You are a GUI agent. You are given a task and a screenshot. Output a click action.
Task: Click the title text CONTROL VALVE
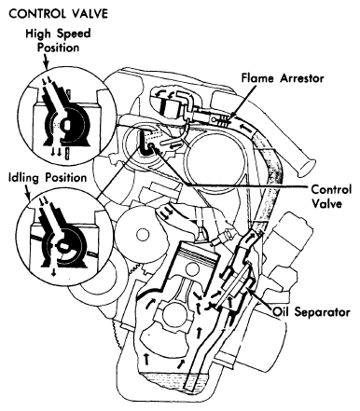click(x=59, y=13)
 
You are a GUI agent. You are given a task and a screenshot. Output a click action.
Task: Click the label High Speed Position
click(x=58, y=40)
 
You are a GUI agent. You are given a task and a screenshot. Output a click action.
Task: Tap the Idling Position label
click(x=48, y=178)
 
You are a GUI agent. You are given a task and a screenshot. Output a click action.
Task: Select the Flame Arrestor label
click(x=283, y=78)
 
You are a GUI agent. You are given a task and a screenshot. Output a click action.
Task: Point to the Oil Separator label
click(x=312, y=311)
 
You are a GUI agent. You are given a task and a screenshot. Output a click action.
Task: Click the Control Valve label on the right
click(x=331, y=197)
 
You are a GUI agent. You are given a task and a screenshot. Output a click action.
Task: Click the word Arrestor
click(x=302, y=78)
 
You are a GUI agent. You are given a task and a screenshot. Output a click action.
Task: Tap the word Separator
click(x=323, y=311)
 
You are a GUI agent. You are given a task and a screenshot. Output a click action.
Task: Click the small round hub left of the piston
click(x=144, y=233)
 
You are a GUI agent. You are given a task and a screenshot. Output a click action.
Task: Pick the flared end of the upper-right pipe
click(x=306, y=167)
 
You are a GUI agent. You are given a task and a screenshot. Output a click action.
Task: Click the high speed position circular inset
click(x=67, y=114)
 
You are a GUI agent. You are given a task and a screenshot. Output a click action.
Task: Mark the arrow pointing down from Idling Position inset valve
click(x=54, y=272)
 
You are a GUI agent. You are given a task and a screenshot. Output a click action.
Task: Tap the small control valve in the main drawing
click(x=151, y=146)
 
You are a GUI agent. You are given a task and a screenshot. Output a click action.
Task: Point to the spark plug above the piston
click(x=226, y=237)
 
